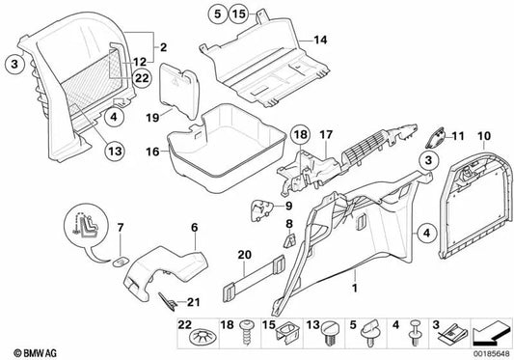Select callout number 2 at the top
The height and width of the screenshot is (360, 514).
tap(163, 45)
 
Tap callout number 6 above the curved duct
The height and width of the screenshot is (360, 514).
tap(193, 227)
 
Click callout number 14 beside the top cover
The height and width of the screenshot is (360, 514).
tap(321, 40)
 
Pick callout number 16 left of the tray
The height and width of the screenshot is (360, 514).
tap(150, 152)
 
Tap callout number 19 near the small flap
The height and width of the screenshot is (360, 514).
tap(151, 116)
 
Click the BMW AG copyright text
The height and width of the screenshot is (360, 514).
tap(32, 349)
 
